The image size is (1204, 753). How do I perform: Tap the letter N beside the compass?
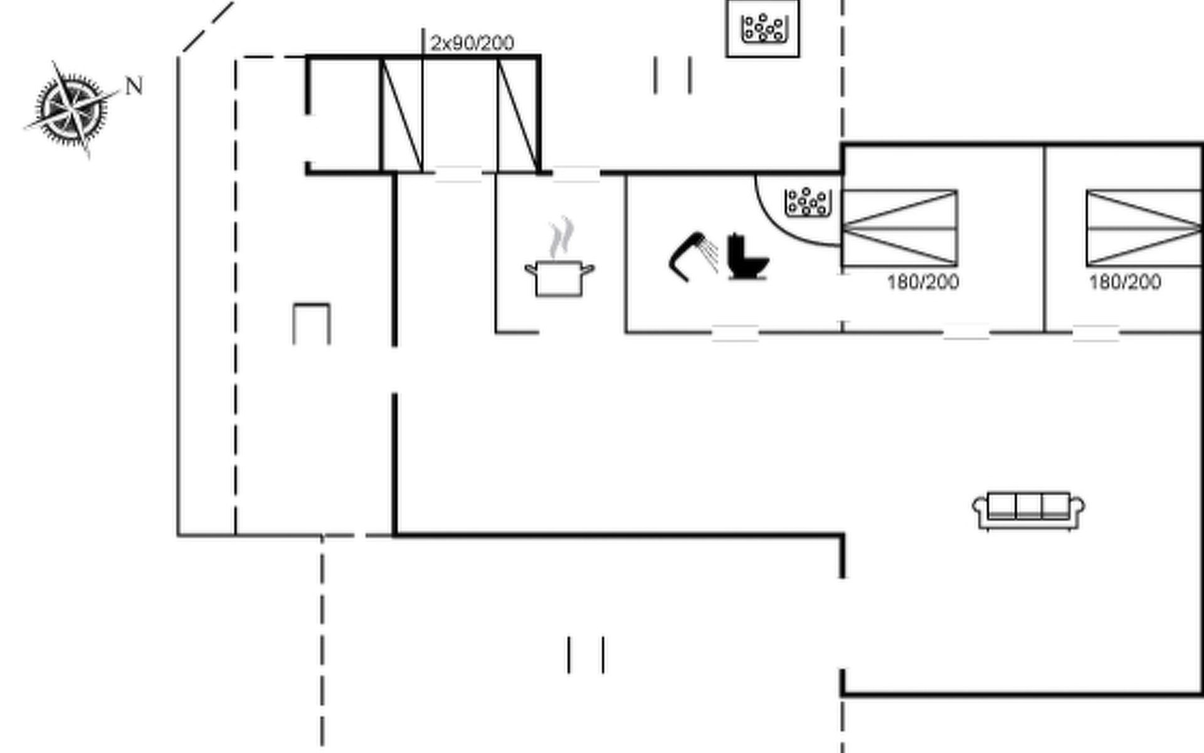coord(134,86)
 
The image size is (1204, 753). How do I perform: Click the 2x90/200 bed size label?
coord(472,43)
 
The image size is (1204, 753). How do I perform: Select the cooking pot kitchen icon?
coord(560,278)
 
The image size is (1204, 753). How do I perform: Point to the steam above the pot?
coord(561,237)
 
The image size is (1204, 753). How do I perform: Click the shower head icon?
coord(694,256)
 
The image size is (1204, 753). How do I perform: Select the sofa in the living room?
coord(1028,511)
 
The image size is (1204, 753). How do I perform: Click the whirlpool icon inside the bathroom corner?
coord(808,202)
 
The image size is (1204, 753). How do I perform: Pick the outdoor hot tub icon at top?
coord(763,28)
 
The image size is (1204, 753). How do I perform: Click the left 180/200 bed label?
coord(923,282)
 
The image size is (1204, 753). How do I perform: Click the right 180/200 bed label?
coord(1125,282)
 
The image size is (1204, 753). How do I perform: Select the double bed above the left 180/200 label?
coord(900,228)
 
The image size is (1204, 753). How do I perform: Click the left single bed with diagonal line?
coord(401,114)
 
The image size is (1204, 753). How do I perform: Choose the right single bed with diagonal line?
coord(519,114)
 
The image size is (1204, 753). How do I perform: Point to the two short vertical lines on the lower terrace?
coord(586,655)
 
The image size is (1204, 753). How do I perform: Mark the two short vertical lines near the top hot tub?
coord(673,75)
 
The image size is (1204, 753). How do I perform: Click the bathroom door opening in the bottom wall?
coord(735,333)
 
